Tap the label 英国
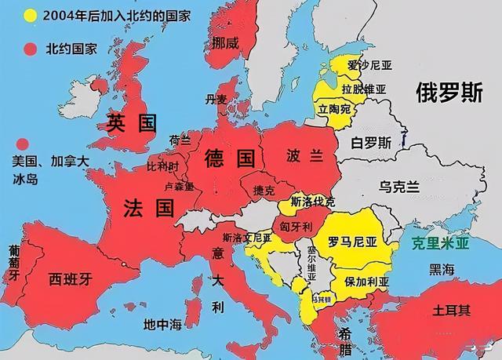(x=133, y=122)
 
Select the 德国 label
(x=230, y=159)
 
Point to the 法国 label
(x=148, y=208)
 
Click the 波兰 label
(x=304, y=156)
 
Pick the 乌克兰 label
(x=399, y=187)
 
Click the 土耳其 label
(x=452, y=310)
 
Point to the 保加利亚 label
(x=362, y=280)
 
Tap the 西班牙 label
(x=71, y=278)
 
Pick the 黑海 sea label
(x=441, y=269)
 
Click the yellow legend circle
(x=31, y=16)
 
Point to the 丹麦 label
(x=214, y=100)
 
